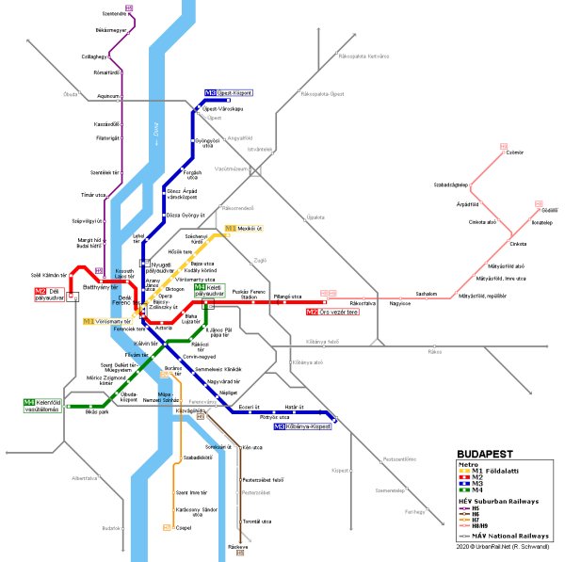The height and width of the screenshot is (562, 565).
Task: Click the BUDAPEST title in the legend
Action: (x=485, y=453)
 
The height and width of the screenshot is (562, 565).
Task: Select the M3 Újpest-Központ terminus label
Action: (x=234, y=93)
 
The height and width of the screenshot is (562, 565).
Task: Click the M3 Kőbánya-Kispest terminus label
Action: (x=302, y=427)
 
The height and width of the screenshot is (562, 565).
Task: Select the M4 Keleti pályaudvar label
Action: (x=210, y=290)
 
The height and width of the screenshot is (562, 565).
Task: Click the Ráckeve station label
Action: (x=237, y=546)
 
